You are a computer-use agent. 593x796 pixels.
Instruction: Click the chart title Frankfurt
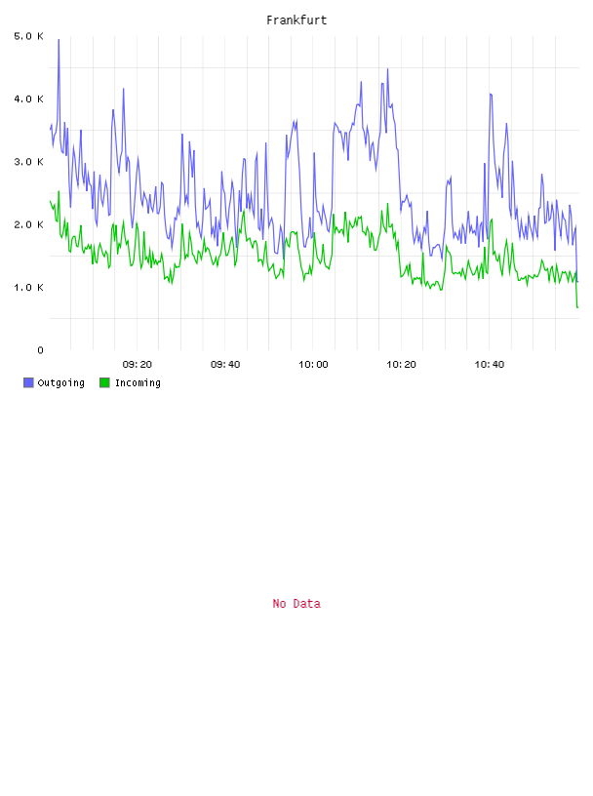click(296, 20)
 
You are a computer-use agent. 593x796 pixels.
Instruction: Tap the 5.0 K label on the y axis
click(28, 36)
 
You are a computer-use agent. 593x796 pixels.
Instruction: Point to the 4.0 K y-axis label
click(28, 99)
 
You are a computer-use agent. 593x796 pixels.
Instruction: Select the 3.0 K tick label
click(28, 162)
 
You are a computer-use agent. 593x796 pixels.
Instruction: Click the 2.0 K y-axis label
click(28, 225)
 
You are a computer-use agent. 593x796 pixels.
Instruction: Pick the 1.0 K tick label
click(28, 288)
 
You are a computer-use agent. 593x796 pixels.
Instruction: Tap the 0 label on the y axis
click(40, 350)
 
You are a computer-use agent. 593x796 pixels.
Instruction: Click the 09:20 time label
click(138, 365)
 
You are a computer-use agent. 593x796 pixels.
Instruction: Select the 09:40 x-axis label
click(225, 365)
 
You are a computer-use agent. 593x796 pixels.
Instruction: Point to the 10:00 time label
click(313, 365)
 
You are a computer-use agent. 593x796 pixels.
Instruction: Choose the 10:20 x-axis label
click(401, 365)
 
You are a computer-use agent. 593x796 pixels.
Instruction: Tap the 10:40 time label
click(490, 365)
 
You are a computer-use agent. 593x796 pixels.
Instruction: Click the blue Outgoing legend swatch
click(28, 382)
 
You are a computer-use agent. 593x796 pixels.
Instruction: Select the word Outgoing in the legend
click(60, 382)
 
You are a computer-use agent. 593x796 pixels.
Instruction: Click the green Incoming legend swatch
click(104, 382)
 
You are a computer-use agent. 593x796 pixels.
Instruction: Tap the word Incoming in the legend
click(138, 382)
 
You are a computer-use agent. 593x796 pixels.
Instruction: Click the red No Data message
click(296, 604)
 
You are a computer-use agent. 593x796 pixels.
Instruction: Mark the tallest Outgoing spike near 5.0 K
click(59, 40)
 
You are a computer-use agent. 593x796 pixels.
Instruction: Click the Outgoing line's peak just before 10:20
click(387, 69)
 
